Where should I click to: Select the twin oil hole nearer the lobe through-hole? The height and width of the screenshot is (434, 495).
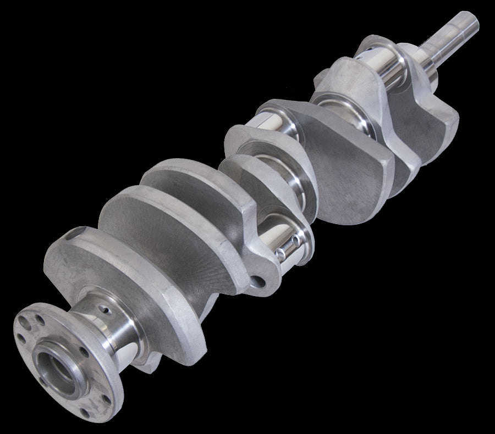282,252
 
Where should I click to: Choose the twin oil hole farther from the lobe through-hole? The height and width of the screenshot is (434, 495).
298,241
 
